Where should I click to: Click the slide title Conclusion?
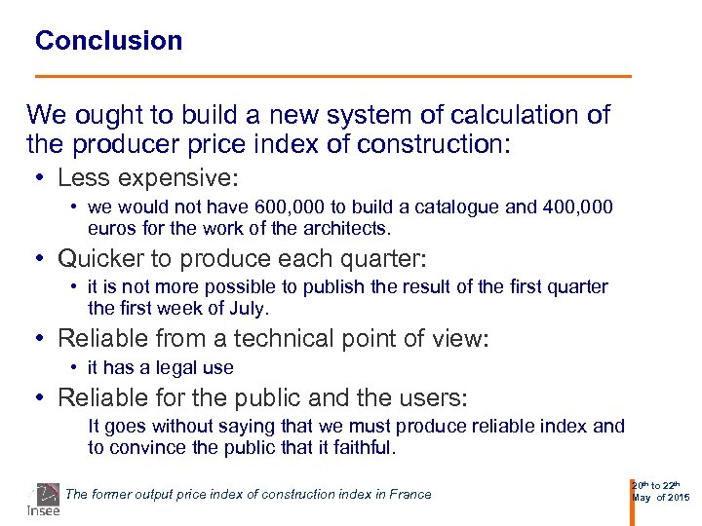108,41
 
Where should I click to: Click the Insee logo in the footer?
43,500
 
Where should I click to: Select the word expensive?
174,178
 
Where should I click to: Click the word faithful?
361,448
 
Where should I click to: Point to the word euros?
110,229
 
